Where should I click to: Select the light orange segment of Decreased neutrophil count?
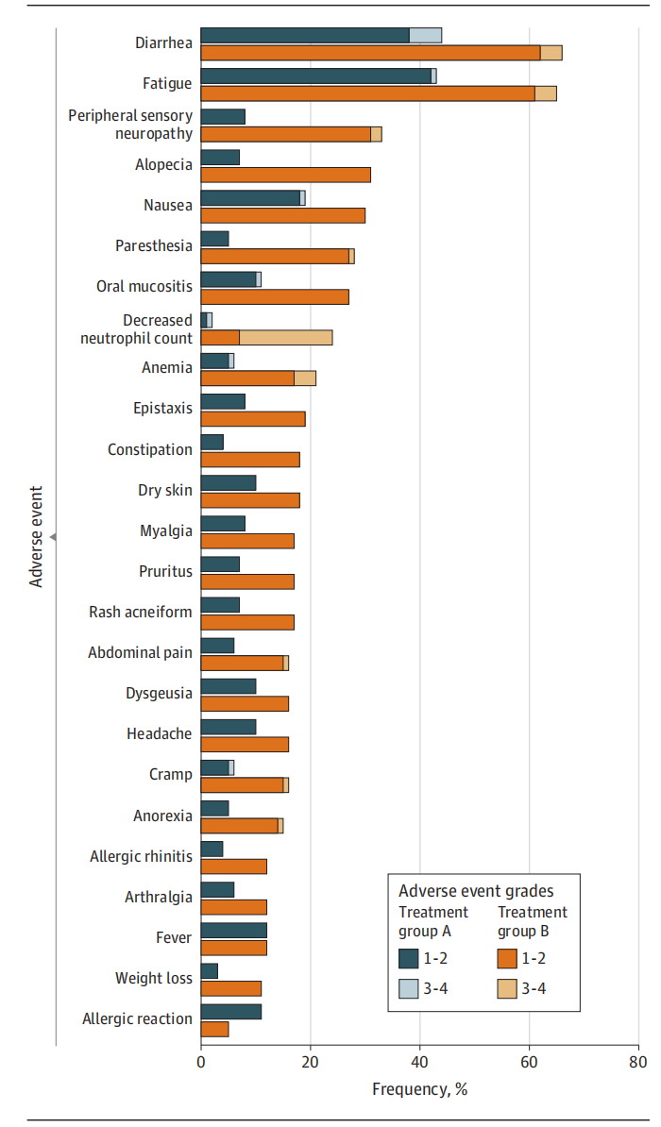coord(286,337)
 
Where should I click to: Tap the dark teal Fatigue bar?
coord(315,76)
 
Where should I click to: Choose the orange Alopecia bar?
coord(285,175)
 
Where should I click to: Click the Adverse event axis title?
coord(37,536)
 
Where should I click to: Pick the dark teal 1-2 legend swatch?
coord(408,958)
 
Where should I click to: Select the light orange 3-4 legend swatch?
coord(507,988)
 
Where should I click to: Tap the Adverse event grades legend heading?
coord(476,891)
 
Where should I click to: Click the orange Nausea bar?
coord(282,215)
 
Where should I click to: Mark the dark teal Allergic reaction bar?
coord(230,1012)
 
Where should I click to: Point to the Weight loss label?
coord(153,979)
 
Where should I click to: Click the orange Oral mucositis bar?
coord(274,296)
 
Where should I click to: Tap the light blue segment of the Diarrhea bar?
coord(425,35)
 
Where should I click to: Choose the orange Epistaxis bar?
coord(252,419)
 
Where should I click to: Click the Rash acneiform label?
coord(140,612)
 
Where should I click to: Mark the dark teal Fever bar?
coord(233,931)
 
